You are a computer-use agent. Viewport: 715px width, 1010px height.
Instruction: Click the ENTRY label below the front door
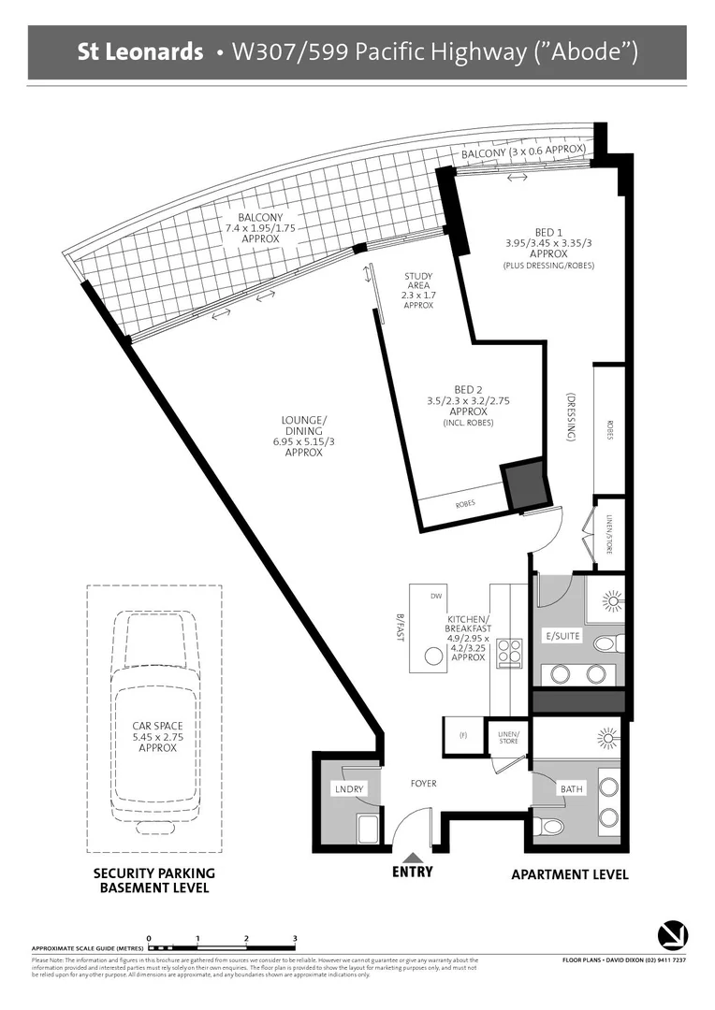412,872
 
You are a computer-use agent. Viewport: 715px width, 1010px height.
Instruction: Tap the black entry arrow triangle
412,856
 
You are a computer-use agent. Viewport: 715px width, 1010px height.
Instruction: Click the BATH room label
572,789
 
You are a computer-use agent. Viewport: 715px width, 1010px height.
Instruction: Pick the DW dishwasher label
435,596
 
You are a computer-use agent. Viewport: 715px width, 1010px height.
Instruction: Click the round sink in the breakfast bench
433,657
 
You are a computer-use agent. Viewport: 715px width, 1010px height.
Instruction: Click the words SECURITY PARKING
153,873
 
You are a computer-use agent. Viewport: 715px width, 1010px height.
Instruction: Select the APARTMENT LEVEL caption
569,874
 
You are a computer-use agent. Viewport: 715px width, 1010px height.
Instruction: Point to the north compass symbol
673,933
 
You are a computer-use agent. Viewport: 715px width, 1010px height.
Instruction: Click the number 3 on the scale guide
295,937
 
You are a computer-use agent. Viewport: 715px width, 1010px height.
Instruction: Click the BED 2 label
467,389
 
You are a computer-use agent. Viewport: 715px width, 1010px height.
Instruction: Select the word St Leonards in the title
140,52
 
